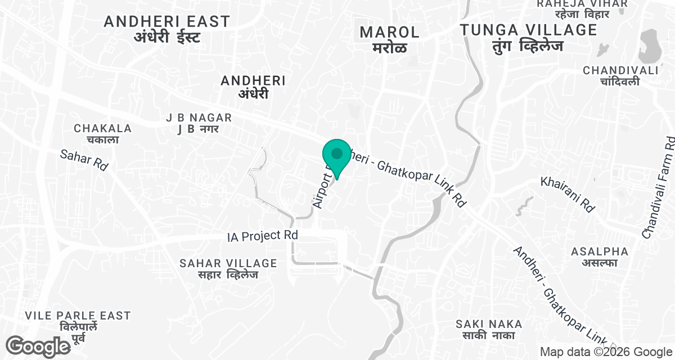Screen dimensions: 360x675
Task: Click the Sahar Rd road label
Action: click(84, 160)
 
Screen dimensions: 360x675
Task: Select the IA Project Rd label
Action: click(262, 236)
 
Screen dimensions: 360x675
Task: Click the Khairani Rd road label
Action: click(568, 194)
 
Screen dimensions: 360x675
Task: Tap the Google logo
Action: click(38, 345)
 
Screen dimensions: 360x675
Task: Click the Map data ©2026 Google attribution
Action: click(606, 352)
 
